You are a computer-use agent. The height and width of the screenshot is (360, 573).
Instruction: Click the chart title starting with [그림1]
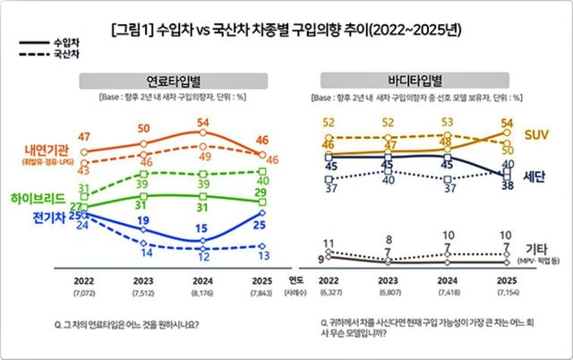pyautogui.click(x=286, y=30)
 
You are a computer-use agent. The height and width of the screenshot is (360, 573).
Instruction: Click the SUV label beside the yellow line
pyautogui.click(x=536, y=134)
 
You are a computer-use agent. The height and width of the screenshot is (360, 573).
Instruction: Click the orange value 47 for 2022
pyautogui.click(x=85, y=136)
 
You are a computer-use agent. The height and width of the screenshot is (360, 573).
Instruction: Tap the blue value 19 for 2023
pyautogui.click(x=143, y=220)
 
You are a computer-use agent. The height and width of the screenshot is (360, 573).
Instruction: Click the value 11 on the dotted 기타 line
pyautogui.click(x=329, y=243)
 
